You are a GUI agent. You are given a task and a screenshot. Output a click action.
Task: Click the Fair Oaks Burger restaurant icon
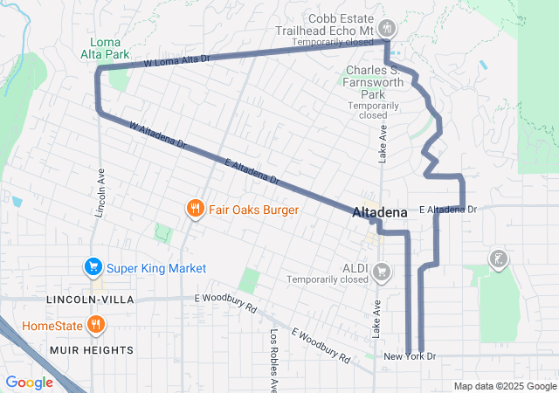click(194, 210)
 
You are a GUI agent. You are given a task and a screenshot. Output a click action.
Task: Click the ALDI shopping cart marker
click(381, 272)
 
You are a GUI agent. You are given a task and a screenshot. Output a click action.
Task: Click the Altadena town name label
click(379, 213)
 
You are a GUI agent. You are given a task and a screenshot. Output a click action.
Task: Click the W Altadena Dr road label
click(157, 134)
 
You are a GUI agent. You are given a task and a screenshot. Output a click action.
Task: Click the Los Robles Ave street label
click(273, 358)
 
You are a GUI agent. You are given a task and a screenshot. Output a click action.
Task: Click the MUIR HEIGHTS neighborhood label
click(91, 350)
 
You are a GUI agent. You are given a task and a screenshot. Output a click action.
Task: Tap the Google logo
click(30, 382)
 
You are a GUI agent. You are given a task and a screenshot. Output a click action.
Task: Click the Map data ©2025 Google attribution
click(504, 386)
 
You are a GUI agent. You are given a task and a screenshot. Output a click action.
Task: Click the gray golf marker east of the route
click(497, 259)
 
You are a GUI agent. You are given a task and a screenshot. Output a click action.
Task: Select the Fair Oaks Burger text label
click(253, 210)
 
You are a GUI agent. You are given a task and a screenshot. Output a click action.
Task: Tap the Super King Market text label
click(156, 268)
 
